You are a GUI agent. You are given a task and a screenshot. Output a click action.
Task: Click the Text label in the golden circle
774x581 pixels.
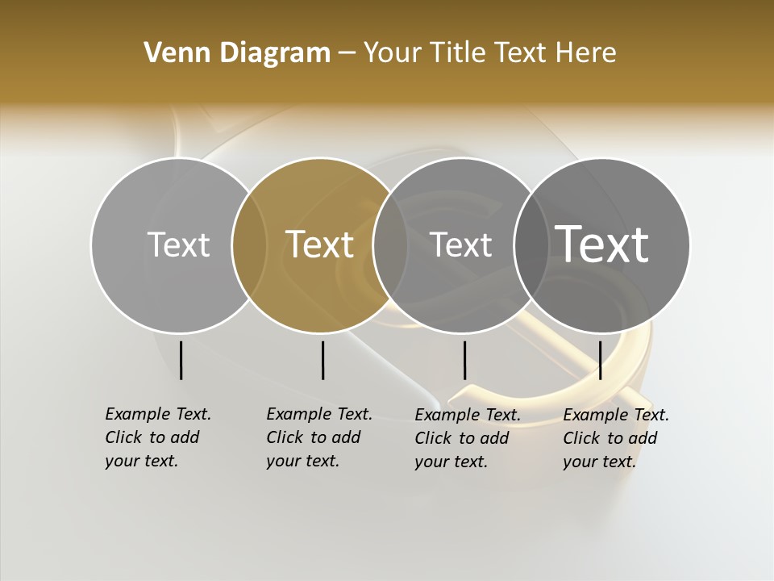(320, 245)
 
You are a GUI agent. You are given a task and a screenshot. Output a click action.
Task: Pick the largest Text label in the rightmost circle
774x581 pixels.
(602, 244)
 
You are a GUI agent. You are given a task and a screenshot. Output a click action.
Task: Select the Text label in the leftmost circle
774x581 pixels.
(178, 245)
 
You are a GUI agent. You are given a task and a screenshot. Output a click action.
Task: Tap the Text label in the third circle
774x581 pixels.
(460, 245)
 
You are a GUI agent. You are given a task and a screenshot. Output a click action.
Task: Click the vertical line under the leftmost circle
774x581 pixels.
(181, 360)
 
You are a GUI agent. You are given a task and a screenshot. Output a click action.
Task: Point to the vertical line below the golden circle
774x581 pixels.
(322, 360)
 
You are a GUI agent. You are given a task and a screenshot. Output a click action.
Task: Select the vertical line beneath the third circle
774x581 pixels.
(464, 360)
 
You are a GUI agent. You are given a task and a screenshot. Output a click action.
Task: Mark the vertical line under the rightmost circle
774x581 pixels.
(601, 360)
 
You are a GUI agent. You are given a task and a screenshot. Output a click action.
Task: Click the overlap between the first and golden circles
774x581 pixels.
(249, 245)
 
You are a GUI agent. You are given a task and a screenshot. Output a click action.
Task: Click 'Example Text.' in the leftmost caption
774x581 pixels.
(158, 414)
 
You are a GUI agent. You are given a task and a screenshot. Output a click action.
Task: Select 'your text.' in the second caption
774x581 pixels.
(302, 461)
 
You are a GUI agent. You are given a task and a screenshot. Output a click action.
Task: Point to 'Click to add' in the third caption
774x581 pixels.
(462, 438)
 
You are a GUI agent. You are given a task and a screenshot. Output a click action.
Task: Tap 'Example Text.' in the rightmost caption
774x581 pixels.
(616, 415)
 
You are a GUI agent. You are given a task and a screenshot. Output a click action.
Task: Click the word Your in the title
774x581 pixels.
(392, 52)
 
